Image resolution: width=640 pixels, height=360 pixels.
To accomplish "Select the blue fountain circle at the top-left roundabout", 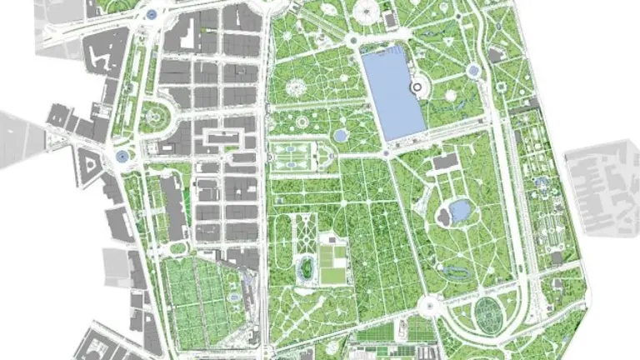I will (151, 14).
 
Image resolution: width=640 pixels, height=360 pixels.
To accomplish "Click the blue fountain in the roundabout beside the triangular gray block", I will (122, 156).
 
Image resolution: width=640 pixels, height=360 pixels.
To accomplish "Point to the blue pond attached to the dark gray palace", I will (459, 212).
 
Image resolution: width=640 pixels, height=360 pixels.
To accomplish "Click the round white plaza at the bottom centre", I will (431, 306).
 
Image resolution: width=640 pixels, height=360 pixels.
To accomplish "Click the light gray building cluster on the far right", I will (602, 187).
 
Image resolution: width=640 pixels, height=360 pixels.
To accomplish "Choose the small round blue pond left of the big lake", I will (340, 134).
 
